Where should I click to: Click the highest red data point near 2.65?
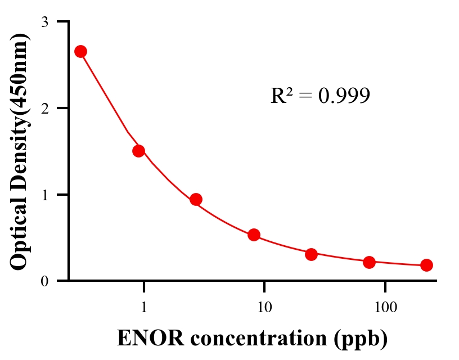(80, 52)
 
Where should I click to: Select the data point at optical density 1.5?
(138, 151)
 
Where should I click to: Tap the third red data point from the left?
(196, 199)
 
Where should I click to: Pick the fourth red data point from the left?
(254, 235)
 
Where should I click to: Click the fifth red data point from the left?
(311, 254)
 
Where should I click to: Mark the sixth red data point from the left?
(369, 262)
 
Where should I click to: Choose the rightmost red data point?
(426, 265)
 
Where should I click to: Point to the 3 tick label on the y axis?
(45, 22)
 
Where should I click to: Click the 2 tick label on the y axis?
(45, 108)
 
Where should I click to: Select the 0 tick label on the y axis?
(45, 281)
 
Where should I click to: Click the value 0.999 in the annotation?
(344, 96)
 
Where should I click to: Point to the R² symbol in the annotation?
(282, 96)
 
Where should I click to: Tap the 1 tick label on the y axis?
(45, 195)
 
